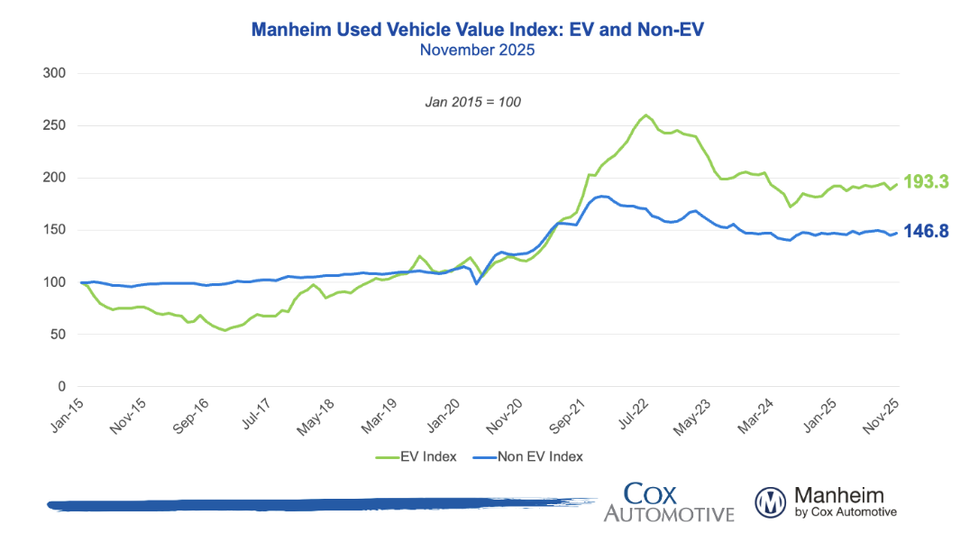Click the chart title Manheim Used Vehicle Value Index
(x=477, y=30)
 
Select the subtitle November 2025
(x=477, y=50)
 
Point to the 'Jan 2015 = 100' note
(x=473, y=102)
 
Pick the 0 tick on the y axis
(x=61, y=387)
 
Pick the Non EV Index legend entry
(x=539, y=456)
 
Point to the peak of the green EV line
(x=646, y=115)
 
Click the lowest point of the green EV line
(x=225, y=330)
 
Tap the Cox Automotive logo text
(x=668, y=502)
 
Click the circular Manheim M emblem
(x=771, y=502)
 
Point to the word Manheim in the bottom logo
(x=838, y=495)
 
